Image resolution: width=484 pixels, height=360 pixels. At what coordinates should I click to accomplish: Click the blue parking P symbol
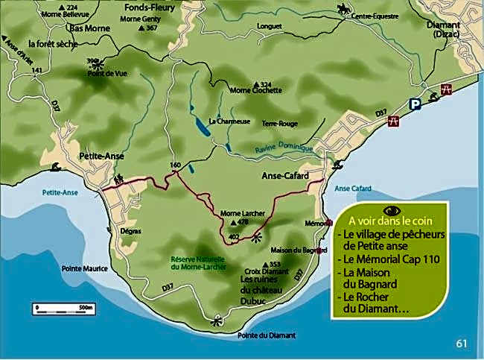coord(418,105)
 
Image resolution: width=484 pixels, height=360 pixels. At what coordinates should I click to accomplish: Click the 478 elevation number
coord(243,222)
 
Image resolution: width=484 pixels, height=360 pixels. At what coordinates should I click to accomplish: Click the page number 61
coord(462,344)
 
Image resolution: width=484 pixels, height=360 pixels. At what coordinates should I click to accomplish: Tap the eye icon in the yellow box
coord(392,210)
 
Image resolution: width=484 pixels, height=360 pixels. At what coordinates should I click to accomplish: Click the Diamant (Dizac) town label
coord(443,28)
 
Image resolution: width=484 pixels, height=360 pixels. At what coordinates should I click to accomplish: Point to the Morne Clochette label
coord(257,91)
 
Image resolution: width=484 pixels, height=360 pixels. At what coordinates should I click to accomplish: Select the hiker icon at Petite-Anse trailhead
coord(118,179)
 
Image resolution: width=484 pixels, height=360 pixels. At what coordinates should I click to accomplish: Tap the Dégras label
coord(130,232)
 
